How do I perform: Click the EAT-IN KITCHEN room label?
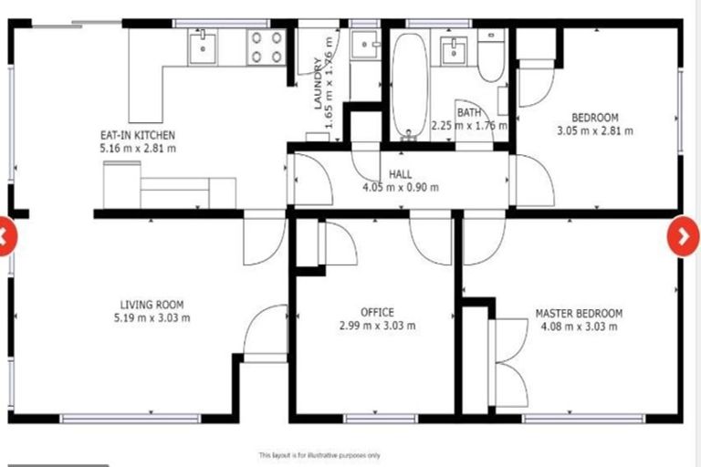click(138, 134)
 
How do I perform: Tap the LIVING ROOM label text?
click(152, 305)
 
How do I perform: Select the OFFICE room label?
click(377, 313)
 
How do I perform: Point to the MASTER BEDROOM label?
click(579, 314)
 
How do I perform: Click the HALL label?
click(401, 174)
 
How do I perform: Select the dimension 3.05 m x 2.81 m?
click(595, 130)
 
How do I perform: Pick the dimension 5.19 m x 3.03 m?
click(152, 318)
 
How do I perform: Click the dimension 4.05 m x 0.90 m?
click(401, 188)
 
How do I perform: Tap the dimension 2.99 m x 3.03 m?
click(377, 326)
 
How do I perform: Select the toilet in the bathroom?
click(490, 57)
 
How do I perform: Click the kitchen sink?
click(202, 46)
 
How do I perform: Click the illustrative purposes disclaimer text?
click(319, 454)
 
